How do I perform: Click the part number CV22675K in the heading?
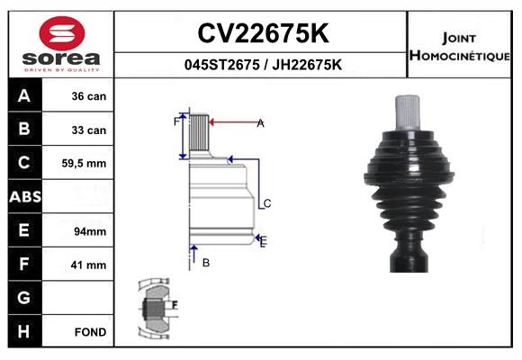262,33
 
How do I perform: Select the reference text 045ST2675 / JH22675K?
262,65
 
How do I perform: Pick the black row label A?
23,96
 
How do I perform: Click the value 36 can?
88,96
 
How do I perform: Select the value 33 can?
88,130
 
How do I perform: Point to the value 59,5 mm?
85,164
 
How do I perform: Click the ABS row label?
23,197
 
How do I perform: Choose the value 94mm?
89,231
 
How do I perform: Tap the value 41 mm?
88,265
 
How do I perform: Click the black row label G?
23,298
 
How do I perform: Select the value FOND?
90,332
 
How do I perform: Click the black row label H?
23,332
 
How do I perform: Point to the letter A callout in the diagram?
260,123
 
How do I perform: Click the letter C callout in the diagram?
266,204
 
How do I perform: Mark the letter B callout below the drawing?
206,262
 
